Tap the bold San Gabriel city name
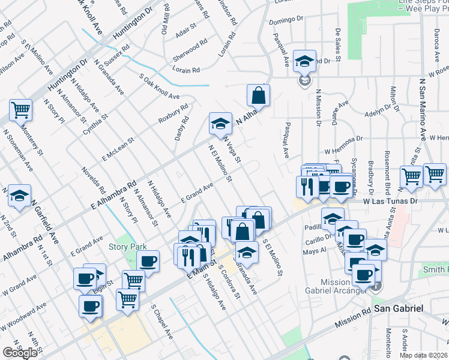399,308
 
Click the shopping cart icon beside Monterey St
20,110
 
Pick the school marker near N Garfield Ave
19,196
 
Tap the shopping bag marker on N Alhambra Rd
258,95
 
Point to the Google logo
20,352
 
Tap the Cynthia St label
95,124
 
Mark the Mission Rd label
353,319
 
